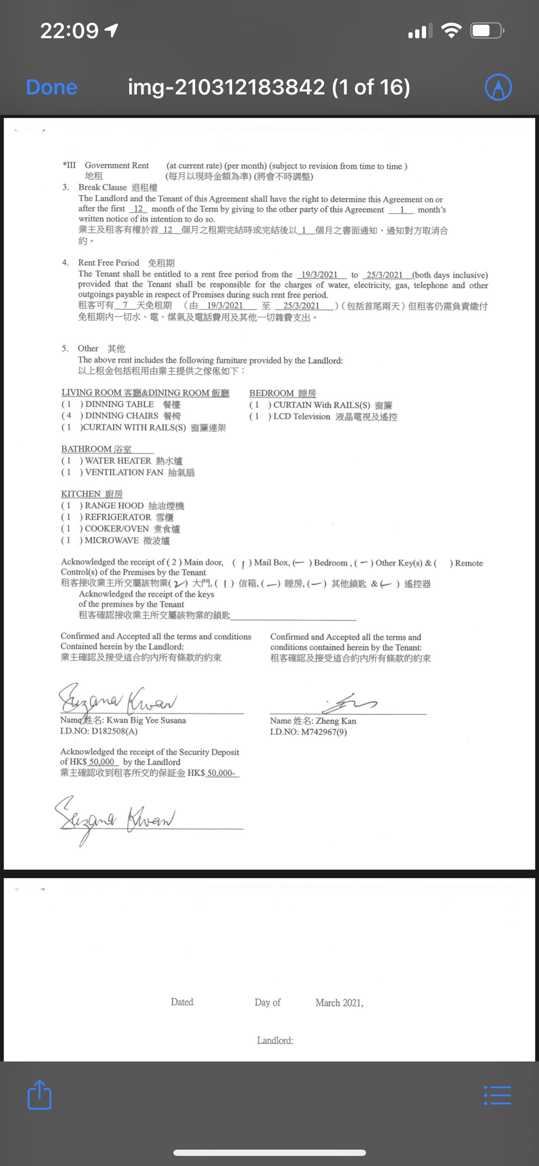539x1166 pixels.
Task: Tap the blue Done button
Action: click(x=52, y=87)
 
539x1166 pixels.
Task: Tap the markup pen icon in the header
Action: click(x=498, y=87)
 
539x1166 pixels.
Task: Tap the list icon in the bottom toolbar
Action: click(x=497, y=1095)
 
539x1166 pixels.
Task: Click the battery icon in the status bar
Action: click(x=487, y=31)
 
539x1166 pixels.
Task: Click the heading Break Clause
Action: click(x=103, y=187)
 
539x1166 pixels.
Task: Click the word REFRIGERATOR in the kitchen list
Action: click(x=118, y=517)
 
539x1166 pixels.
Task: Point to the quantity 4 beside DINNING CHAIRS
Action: click(x=69, y=416)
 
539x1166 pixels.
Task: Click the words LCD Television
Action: click(x=302, y=416)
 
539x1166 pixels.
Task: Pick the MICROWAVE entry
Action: click(x=112, y=540)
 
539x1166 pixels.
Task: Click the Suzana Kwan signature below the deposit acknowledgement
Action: click(x=115, y=819)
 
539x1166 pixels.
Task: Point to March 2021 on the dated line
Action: click(x=339, y=1003)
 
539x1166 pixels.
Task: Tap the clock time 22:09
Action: click(x=69, y=31)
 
